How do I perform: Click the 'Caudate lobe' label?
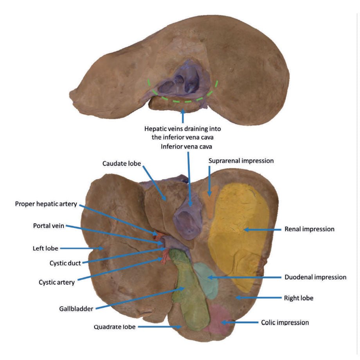pyautogui.click(x=121, y=164)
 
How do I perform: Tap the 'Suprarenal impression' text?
pyautogui.click(x=241, y=161)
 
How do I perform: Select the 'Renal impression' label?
pyautogui.click(x=309, y=229)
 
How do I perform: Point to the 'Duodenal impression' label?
pyautogui.click(x=315, y=277)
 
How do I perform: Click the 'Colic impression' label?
pyautogui.click(x=285, y=322)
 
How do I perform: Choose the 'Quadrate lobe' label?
pyautogui.click(x=115, y=327)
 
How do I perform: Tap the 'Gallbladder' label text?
pyautogui.click(x=76, y=309)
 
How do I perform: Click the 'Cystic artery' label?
pyautogui.click(x=56, y=283)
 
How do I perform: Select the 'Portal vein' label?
pyautogui.click(x=49, y=226)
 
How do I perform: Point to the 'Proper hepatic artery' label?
pyautogui.click(x=46, y=204)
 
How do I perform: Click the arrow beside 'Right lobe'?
pyautogui.click(x=259, y=298)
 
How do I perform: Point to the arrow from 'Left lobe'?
pyautogui.click(x=81, y=248)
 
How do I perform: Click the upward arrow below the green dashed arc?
pyautogui.click(x=183, y=116)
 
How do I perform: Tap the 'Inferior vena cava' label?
pyautogui.click(x=186, y=147)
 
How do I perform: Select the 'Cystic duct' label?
pyautogui.click(x=65, y=263)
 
